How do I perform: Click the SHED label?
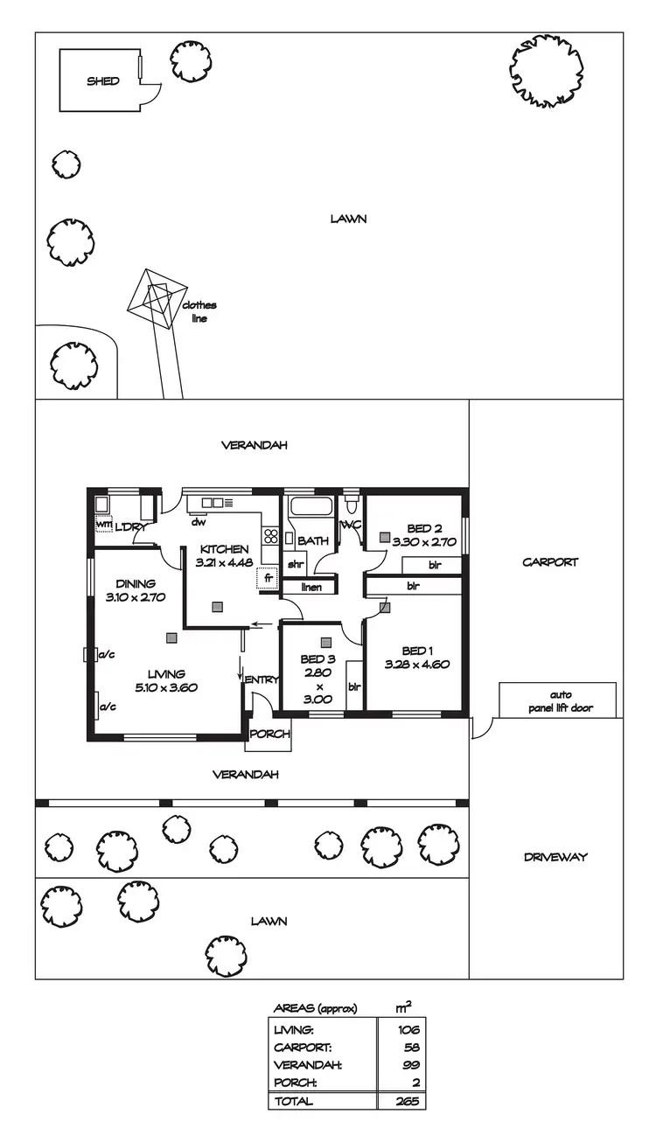pos(102,81)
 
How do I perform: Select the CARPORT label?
pos(550,562)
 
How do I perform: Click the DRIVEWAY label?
pos(555,857)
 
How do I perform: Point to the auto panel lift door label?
pos(557,702)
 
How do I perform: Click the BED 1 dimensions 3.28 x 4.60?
pos(416,664)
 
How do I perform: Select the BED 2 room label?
pos(424,528)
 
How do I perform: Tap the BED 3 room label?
pos(313,658)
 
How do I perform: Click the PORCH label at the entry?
pos(269,735)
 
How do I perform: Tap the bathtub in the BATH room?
pos(311,506)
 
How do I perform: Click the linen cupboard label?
pos(311,587)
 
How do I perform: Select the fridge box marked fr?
pos(268,578)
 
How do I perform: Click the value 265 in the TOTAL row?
pos(404,1101)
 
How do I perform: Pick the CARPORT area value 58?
pos(407,1048)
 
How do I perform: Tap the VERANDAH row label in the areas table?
pos(306,1065)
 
